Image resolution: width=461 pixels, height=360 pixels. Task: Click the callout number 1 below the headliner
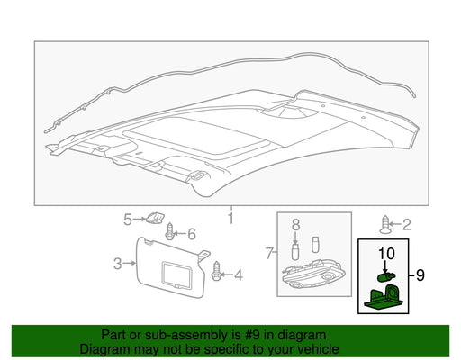(x=230, y=218)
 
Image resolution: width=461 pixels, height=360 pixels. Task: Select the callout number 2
(x=406, y=225)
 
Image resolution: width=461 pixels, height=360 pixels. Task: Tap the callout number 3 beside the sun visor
(x=118, y=264)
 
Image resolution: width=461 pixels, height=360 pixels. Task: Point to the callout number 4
(x=239, y=274)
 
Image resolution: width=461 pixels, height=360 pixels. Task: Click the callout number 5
(x=128, y=220)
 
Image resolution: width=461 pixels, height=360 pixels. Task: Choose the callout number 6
(x=192, y=234)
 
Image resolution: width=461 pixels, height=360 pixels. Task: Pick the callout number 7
(x=269, y=254)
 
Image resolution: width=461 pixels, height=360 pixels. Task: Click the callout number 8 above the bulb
(x=295, y=224)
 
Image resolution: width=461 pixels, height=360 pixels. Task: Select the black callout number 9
(x=420, y=275)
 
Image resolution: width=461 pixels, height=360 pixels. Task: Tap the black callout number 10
(x=386, y=254)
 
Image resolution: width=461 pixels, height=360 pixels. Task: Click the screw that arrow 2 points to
(x=384, y=225)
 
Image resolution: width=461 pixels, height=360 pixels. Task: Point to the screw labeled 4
(x=216, y=271)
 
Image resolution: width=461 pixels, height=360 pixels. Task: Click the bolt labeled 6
(x=170, y=231)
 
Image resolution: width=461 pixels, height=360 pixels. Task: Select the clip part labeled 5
(x=155, y=218)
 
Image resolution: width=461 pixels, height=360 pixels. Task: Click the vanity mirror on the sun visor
(x=176, y=275)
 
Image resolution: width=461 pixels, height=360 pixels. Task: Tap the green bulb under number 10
(x=386, y=277)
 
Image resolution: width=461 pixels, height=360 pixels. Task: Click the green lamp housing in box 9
(x=385, y=297)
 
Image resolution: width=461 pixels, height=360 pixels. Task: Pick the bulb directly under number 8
(x=295, y=251)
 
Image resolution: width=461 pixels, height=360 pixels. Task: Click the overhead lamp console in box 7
(x=312, y=275)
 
